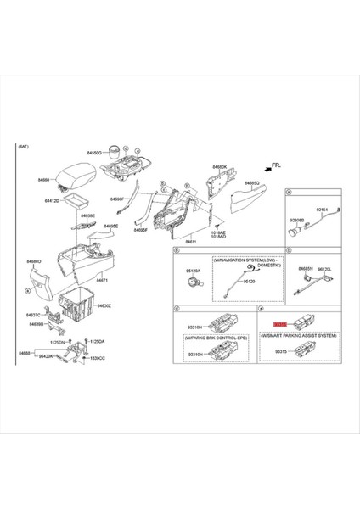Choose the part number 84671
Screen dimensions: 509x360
[x=102, y=279]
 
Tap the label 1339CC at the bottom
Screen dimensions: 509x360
[x=98, y=359]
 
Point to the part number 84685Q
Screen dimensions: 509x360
[x=252, y=182]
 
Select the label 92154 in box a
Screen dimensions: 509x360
[x=322, y=208]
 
